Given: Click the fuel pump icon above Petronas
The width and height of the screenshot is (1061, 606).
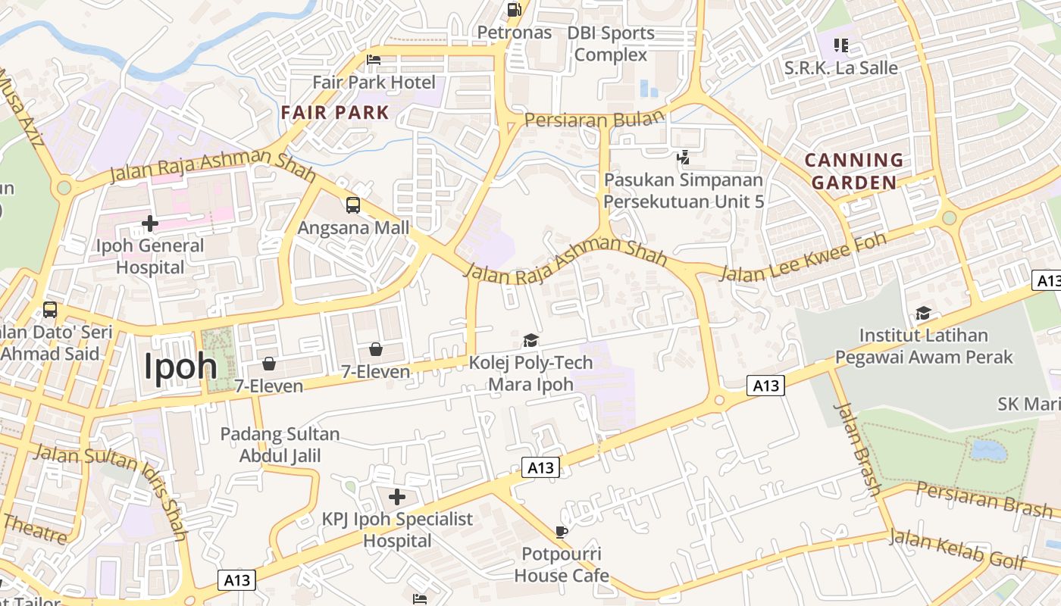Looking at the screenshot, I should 515,10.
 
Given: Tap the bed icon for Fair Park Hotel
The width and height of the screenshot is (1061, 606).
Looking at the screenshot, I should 373,60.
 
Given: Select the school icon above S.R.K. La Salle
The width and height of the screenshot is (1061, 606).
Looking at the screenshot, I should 840,45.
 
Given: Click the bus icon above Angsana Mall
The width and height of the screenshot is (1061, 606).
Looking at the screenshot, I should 353,205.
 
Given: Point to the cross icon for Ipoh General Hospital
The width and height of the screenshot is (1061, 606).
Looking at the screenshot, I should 150,223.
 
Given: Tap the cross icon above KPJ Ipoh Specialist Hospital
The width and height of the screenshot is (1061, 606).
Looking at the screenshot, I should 397,497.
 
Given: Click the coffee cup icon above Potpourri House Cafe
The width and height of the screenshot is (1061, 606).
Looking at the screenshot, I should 561,532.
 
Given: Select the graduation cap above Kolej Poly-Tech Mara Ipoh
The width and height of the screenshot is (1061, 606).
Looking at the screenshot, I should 530,340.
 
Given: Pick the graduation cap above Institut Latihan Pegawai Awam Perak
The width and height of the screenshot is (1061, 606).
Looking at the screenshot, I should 923,313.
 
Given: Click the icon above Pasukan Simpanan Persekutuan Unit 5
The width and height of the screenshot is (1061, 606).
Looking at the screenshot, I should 684,158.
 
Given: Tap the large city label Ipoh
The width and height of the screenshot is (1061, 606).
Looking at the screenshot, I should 181,367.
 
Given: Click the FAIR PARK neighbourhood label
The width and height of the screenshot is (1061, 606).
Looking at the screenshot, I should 335,113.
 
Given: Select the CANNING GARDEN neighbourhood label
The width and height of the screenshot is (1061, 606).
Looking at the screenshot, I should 854,171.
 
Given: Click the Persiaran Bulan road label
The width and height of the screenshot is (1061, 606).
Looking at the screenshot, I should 594,119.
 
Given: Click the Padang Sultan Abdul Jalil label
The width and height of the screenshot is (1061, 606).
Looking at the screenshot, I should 280,445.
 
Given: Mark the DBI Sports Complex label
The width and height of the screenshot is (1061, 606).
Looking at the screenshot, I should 611,44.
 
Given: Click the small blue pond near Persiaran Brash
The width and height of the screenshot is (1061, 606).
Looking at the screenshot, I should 988,451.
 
